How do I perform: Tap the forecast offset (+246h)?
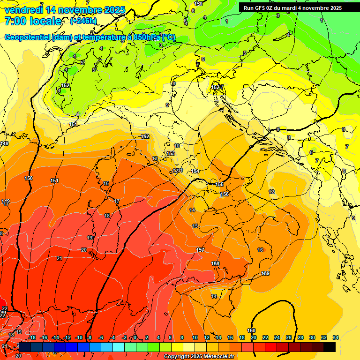point(83,21)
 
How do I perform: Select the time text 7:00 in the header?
point(15,21)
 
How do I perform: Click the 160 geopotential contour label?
point(252,331)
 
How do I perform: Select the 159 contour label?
point(265,273)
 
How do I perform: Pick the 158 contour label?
point(215,264)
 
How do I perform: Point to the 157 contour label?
point(200,250)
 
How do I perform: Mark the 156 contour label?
point(225,194)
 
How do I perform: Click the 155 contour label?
point(219,184)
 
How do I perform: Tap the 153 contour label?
point(171,153)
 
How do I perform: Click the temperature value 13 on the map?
point(155,159)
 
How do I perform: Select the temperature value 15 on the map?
point(195,226)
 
